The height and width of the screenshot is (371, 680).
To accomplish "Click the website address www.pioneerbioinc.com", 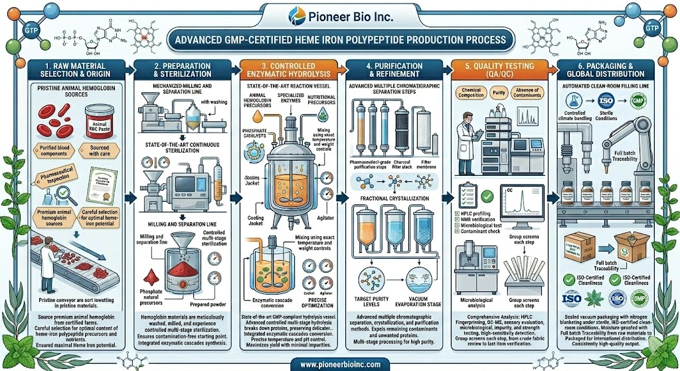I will tap(339, 362).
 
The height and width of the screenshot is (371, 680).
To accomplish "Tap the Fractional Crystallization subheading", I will tap(397, 198).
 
